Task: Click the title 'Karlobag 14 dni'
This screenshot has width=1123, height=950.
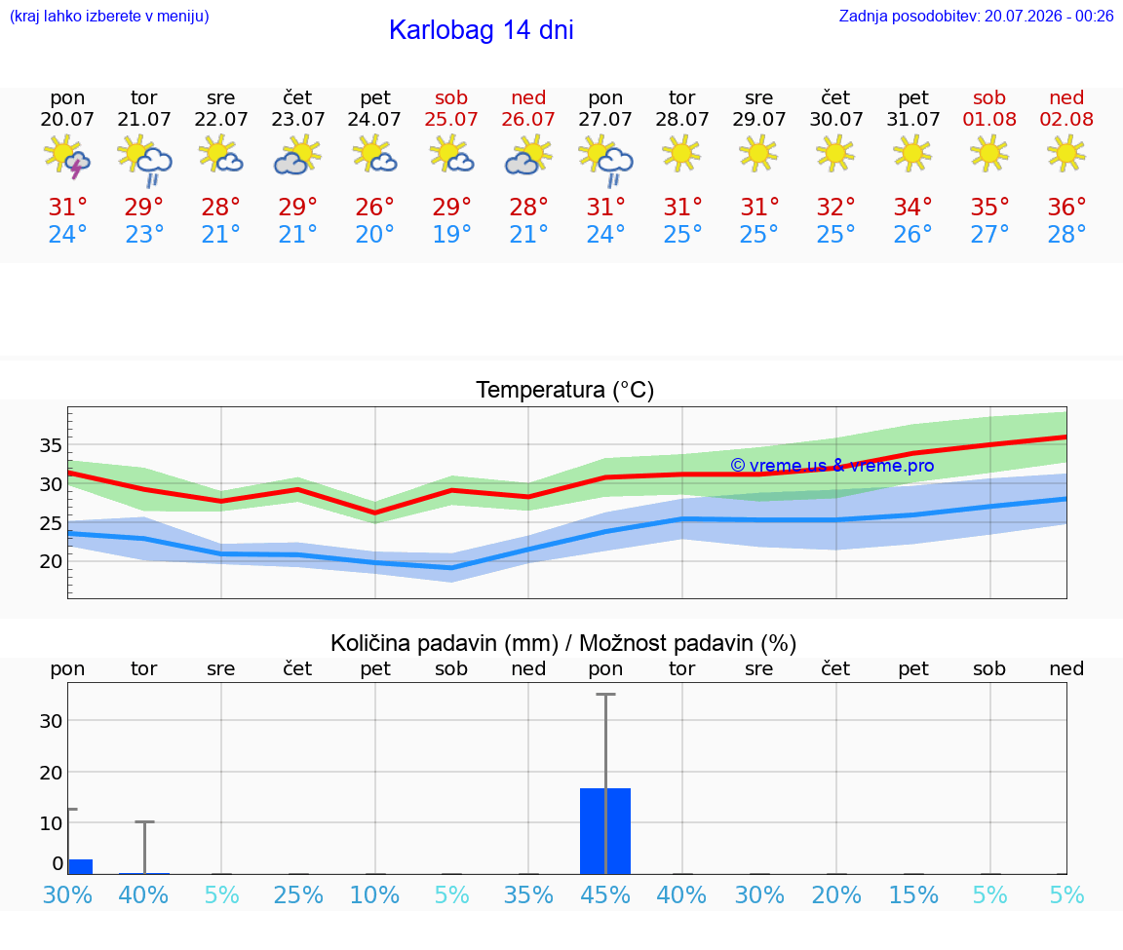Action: click(x=482, y=30)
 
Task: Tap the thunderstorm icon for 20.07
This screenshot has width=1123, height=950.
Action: click(x=66, y=156)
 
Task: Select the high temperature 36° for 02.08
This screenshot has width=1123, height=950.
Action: click(x=1066, y=207)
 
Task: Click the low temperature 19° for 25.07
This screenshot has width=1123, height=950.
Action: click(x=451, y=234)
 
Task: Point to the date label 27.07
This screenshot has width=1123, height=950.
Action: click(x=605, y=120)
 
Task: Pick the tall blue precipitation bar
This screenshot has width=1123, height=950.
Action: click(x=605, y=831)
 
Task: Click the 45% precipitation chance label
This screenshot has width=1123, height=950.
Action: click(x=605, y=894)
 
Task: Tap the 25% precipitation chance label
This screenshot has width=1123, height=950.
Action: click(x=298, y=894)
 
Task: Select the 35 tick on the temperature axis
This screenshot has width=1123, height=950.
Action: click(x=50, y=445)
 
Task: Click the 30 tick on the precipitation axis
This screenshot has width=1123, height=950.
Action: click(x=50, y=721)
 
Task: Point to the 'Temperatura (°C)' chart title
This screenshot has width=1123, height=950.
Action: click(x=565, y=390)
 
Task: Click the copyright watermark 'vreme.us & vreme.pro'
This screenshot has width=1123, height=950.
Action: click(x=833, y=466)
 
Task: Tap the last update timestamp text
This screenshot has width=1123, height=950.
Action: click(x=976, y=16)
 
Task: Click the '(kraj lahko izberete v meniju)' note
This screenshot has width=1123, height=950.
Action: click(x=109, y=16)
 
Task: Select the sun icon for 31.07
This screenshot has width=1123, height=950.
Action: click(x=912, y=154)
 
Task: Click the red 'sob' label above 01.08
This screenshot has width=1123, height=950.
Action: click(x=989, y=97)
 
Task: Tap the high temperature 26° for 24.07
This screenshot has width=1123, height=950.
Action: click(x=374, y=207)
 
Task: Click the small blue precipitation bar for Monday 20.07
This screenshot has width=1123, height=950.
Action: click(x=80, y=866)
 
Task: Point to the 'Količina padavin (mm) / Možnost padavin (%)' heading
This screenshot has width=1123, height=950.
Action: click(x=562, y=643)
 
